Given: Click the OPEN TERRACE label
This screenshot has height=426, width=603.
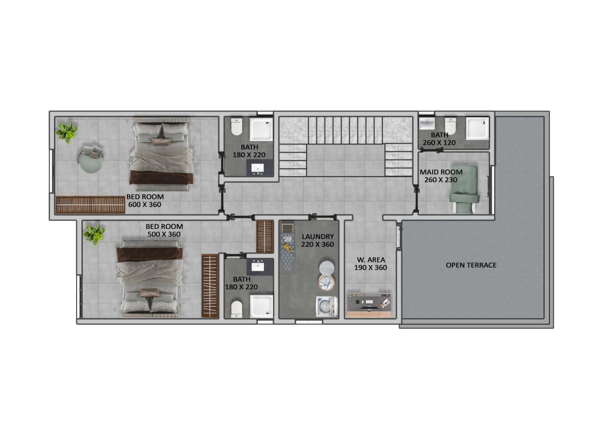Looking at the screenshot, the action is click(471, 265).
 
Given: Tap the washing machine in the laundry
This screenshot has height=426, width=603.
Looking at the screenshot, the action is click(326, 306).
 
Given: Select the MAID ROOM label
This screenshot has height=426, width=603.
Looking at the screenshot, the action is click(441, 172).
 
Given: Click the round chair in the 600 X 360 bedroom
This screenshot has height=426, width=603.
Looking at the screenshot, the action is click(91, 159).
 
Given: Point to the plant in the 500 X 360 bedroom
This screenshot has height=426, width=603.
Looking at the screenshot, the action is click(94, 234).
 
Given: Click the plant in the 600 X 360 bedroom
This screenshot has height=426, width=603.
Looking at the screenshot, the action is click(67, 132).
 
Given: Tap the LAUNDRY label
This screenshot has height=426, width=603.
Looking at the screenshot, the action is click(318, 236).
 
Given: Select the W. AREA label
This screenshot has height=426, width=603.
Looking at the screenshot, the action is click(371, 260).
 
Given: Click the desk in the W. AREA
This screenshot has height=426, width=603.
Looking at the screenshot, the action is click(369, 305).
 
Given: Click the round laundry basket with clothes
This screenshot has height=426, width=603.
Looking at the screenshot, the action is click(326, 282).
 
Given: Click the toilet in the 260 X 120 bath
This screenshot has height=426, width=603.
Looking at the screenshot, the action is click(450, 126).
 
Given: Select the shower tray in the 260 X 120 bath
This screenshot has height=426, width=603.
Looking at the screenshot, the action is click(477, 128).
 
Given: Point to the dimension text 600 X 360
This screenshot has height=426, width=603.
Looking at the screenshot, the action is click(145, 204).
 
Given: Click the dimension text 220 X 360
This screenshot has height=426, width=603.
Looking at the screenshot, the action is click(317, 244).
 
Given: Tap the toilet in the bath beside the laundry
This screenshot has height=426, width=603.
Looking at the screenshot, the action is click(236, 309).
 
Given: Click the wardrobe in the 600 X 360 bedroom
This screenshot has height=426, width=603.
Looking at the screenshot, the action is click(90, 205).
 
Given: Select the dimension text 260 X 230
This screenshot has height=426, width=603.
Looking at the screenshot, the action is click(441, 180).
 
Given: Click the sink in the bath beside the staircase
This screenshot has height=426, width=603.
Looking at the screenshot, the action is click(257, 168).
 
